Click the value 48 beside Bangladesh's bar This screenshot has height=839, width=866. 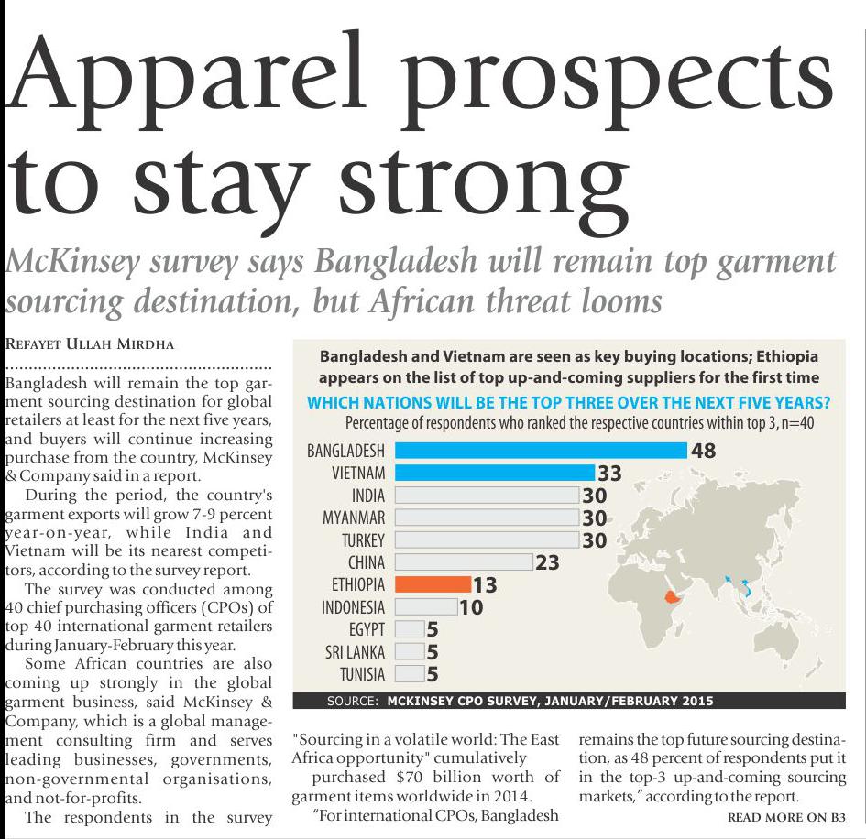704,451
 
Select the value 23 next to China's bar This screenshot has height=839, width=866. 547,562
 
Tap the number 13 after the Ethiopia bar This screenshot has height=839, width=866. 484,584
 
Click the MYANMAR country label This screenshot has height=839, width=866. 354,518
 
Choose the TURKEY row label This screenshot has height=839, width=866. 363,539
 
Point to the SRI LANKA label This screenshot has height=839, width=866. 356,652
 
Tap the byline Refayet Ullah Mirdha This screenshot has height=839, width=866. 88,345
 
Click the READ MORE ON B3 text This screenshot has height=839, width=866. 785,816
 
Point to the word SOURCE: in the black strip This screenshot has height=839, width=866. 352,702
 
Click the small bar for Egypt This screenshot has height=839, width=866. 411,629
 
